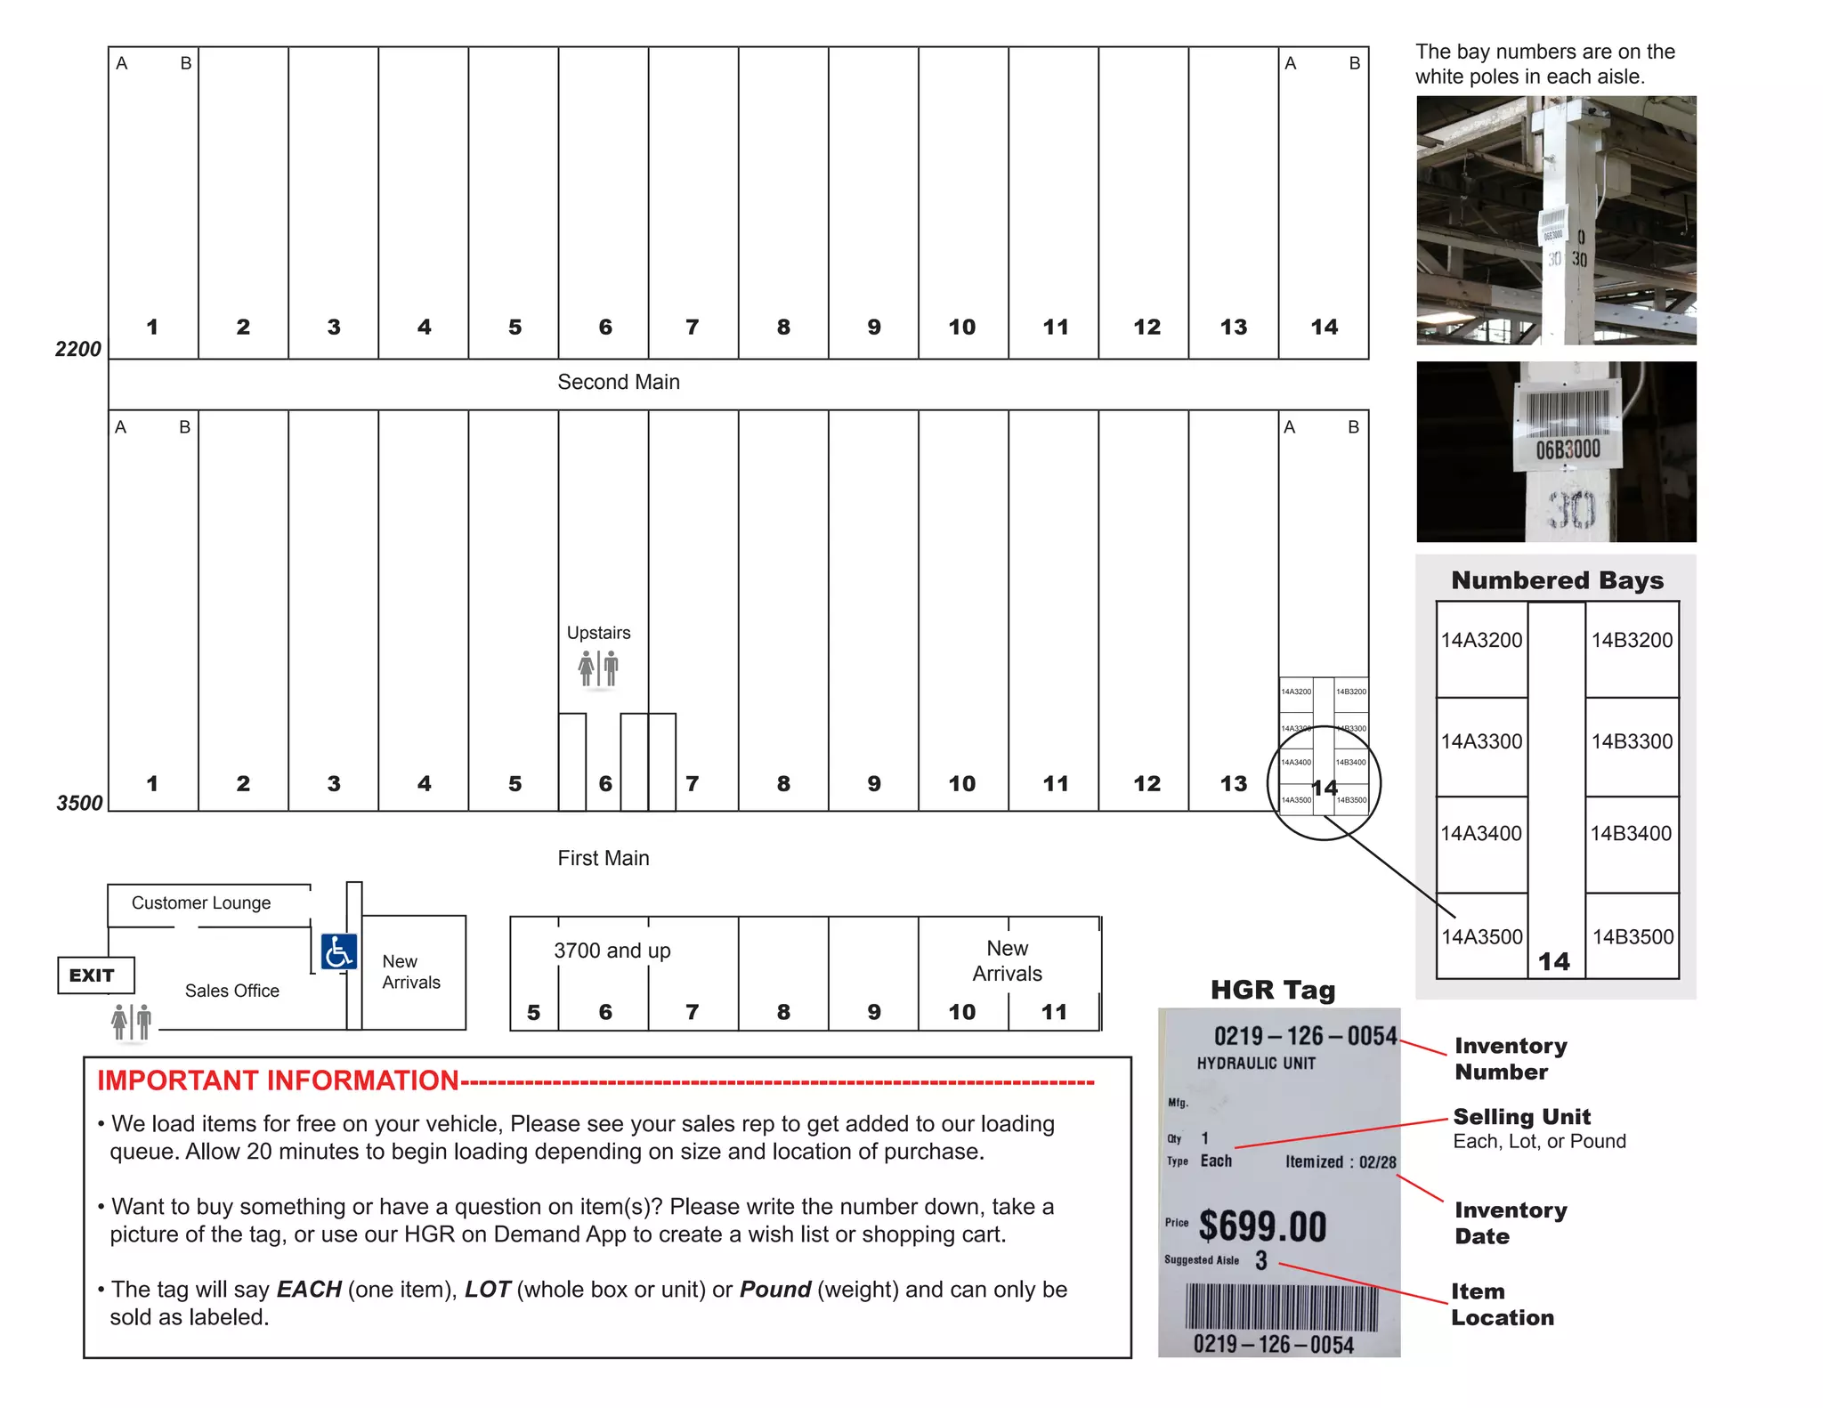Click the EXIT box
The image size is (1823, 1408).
click(x=95, y=975)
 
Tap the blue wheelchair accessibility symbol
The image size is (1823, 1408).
click(x=338, y=952)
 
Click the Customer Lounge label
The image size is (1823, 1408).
click(x=201, y=902)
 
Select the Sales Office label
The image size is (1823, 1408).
click(x=231, y=991)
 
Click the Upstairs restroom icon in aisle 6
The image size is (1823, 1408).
click(x=598, y=668)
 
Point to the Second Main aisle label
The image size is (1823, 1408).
click(x=618, y=382)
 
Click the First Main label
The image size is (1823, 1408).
click(x=603, y=858)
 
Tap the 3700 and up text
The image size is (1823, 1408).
click(x=612, y=951)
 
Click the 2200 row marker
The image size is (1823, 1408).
click(x=78, y=349)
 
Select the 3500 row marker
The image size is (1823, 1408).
click(x=79, y=803)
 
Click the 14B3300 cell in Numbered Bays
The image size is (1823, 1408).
click(x=1632, y=741)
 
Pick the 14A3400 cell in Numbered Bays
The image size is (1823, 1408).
click(x=1481, y=834)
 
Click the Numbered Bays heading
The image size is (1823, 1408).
click(x=1557, y=580)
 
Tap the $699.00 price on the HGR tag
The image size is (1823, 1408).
click(x=1261, y=1226)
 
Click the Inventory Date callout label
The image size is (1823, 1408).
click(x=1511, y=1223)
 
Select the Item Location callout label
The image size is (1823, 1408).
click(x=1503, y=1305)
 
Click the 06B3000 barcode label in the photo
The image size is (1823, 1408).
click(x=1567, y=449)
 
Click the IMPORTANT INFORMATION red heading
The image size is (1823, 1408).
click(x=278, y=1080)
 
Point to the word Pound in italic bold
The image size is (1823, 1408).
click(x=774, y=1290)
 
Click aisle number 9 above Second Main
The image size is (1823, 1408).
click(x=873, y=328)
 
